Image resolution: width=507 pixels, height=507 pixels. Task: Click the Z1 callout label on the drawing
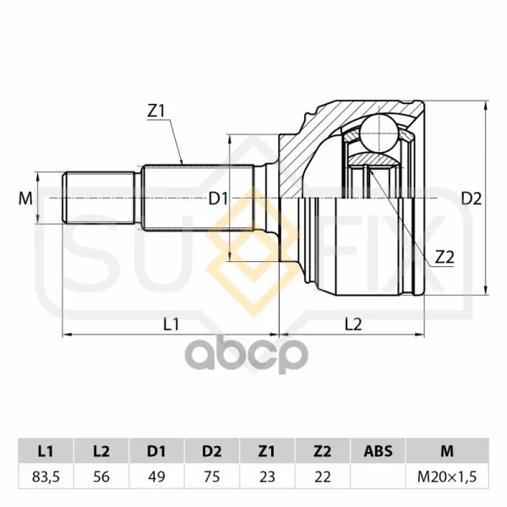click(x=156, y=112)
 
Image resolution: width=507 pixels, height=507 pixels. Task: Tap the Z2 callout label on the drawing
click(x=444, y=258)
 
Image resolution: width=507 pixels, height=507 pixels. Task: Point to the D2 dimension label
click(x=472, y=199)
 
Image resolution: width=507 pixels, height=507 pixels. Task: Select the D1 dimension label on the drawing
click(x=218, y=199)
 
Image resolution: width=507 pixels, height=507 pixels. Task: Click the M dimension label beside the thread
click(x=25, y=199)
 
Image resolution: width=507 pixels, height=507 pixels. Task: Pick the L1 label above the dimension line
click(x=171, y=324)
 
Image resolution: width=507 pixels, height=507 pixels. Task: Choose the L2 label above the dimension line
click(x=353, y=324)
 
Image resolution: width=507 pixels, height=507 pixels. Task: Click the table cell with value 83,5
click(x=46, y=477)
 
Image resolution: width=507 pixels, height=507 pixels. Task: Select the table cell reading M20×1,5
click(x=448, y=477)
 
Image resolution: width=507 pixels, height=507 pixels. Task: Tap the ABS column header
click(x=378, y=451)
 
